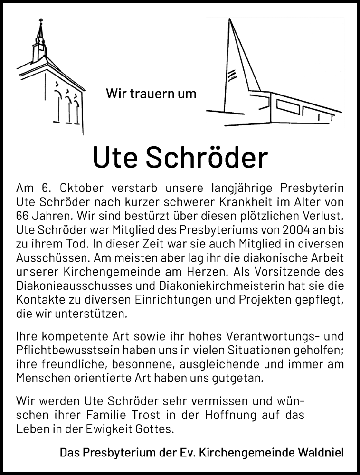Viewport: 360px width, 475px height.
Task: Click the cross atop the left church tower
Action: click(41, 21)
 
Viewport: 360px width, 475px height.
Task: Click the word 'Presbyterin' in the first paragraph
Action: click(308, 185)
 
